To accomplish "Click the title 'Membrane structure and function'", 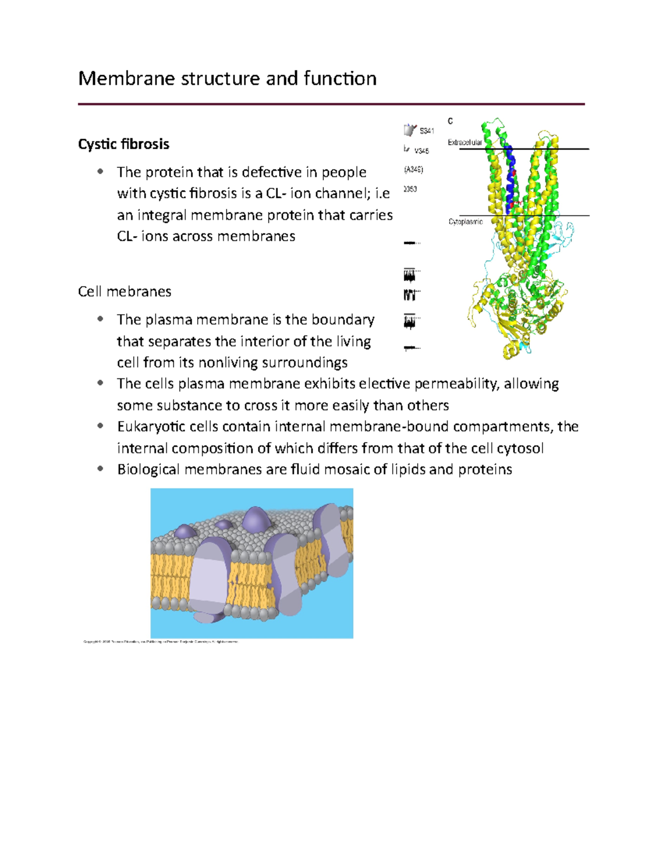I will [x=227, y=78].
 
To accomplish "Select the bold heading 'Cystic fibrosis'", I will [x=124, y=144].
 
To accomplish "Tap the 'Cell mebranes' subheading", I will [x=124, y=291].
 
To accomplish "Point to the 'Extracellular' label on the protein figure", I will [x=465, y=143].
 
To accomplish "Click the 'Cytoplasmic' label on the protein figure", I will [x=465, y=222].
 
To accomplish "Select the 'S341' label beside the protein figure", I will [x=427, y=131].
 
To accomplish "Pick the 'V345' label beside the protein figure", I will [x=422, y=151].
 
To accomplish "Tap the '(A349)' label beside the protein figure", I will [x=413, y=170].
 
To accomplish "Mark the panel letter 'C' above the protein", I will [x=450, y=121].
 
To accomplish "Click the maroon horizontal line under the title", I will [x=331, y=104].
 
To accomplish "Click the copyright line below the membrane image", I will [x=160, y=642].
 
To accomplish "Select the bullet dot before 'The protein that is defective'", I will [x=100, y=172].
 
